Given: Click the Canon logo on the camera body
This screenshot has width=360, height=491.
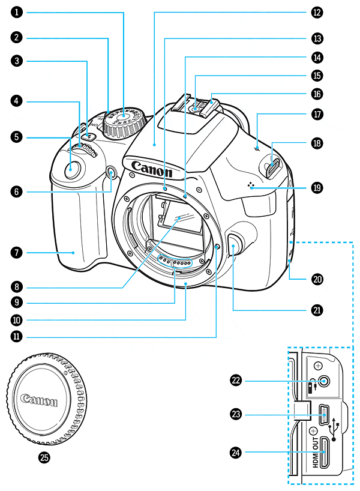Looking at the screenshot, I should pyautogui.click(x=151, y=167).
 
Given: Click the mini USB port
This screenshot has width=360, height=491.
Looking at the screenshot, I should pyautogui.click(x=323, y=413).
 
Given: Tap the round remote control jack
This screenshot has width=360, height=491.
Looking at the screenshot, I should pyautogui.click(x=325, y=381).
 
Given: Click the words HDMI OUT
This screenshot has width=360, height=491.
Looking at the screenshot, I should pyautogui.click(x=314, y=451).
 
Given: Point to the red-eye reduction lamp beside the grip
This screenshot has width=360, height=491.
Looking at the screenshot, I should pyautogui.click(x=112, y=175).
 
